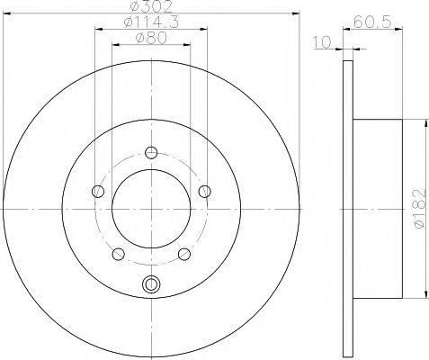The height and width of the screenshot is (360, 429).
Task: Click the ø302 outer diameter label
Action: (x=151, y=6)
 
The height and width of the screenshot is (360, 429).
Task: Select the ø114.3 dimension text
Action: (x=151, y=22)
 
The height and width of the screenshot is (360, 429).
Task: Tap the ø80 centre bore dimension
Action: (x=151, y=39)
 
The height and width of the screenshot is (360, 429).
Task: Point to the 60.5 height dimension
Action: (x=372, y=22)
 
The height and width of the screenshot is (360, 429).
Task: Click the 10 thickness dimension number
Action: (x=322, y=42)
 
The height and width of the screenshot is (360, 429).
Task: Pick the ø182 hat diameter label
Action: (x=419, y=208)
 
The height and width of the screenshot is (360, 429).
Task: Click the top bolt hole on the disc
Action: (x=151, y=153)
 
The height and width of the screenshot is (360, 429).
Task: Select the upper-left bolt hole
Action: (x=98, y=192)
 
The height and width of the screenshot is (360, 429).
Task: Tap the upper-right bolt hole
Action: (x=205, y=192)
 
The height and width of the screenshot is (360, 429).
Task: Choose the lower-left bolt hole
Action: (x=118, y=254)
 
